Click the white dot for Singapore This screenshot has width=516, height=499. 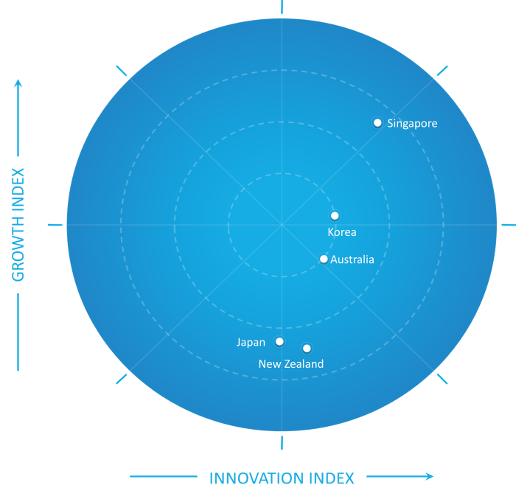pyautogui.click(x=377, y=122)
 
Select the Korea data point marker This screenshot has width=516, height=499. pyautogui.click(x=335, y=216)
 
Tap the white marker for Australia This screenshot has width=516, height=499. pyautogui.click(x=324, y=259)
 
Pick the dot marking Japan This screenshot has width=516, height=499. pyautogui.click(x=279, y=341)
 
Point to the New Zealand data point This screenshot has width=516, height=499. pyautogui.click(x=307, y=348)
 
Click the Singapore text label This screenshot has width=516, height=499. pyautogui.click(x=412, y=124)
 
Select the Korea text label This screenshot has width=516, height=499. pyautogui.click(x=342, y=232)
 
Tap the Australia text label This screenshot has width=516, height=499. pyautogui.click(x=352, y=259)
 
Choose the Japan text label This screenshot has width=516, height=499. pyautogui.click(x=251, y=342)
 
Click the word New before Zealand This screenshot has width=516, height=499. pyautogui.click(x=269, y=364)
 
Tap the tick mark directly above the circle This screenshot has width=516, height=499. pyautogui.click(x=282, y=7)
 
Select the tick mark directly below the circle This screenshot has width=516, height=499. pyautogui.click(x=282, y=442)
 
